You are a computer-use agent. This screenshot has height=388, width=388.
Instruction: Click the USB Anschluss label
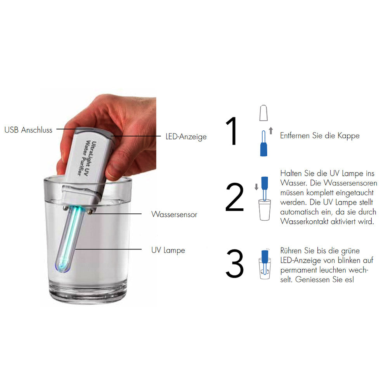click(28, 130)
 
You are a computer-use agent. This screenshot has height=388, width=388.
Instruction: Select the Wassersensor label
click(174, 214)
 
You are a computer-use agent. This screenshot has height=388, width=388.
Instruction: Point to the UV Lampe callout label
click(168, 250)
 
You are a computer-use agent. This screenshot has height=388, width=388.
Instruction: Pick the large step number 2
click(234, 198)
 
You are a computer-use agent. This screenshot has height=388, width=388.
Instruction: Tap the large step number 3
click(234, 264)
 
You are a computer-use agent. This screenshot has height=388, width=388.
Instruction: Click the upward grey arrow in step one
click(271, 131)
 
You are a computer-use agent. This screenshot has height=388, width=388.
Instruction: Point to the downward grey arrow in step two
click(256, 187)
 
